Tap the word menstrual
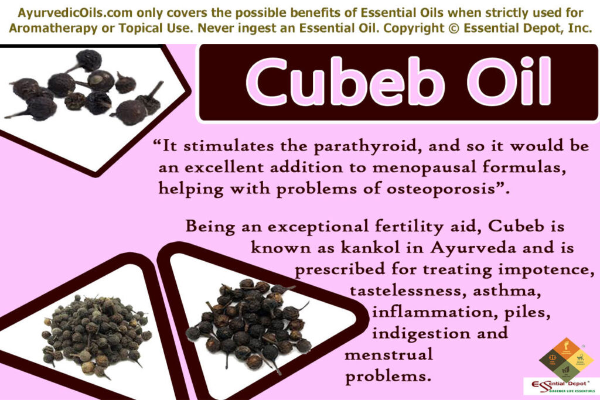389,354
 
